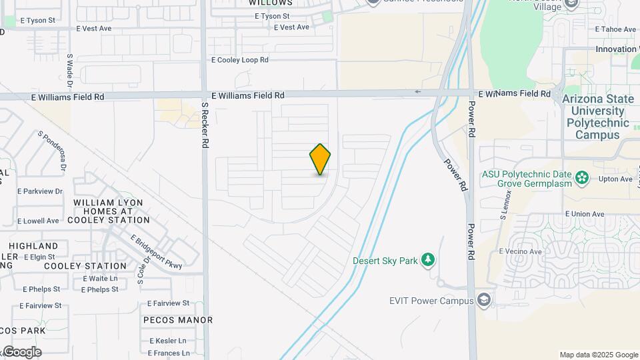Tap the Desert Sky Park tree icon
click(428, 260)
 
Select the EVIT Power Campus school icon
click(484, 301)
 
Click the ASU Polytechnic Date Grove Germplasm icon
click(583, 177)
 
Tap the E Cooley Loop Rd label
click(240, 60)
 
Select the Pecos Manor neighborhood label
click(178, 320)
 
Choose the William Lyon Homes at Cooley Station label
click(111, 211)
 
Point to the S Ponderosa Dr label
click(53, 145)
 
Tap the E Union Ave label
click(584, 214)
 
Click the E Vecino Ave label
click(521, 251)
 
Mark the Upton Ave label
click(615, 179)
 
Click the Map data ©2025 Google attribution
click(599, 355)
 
